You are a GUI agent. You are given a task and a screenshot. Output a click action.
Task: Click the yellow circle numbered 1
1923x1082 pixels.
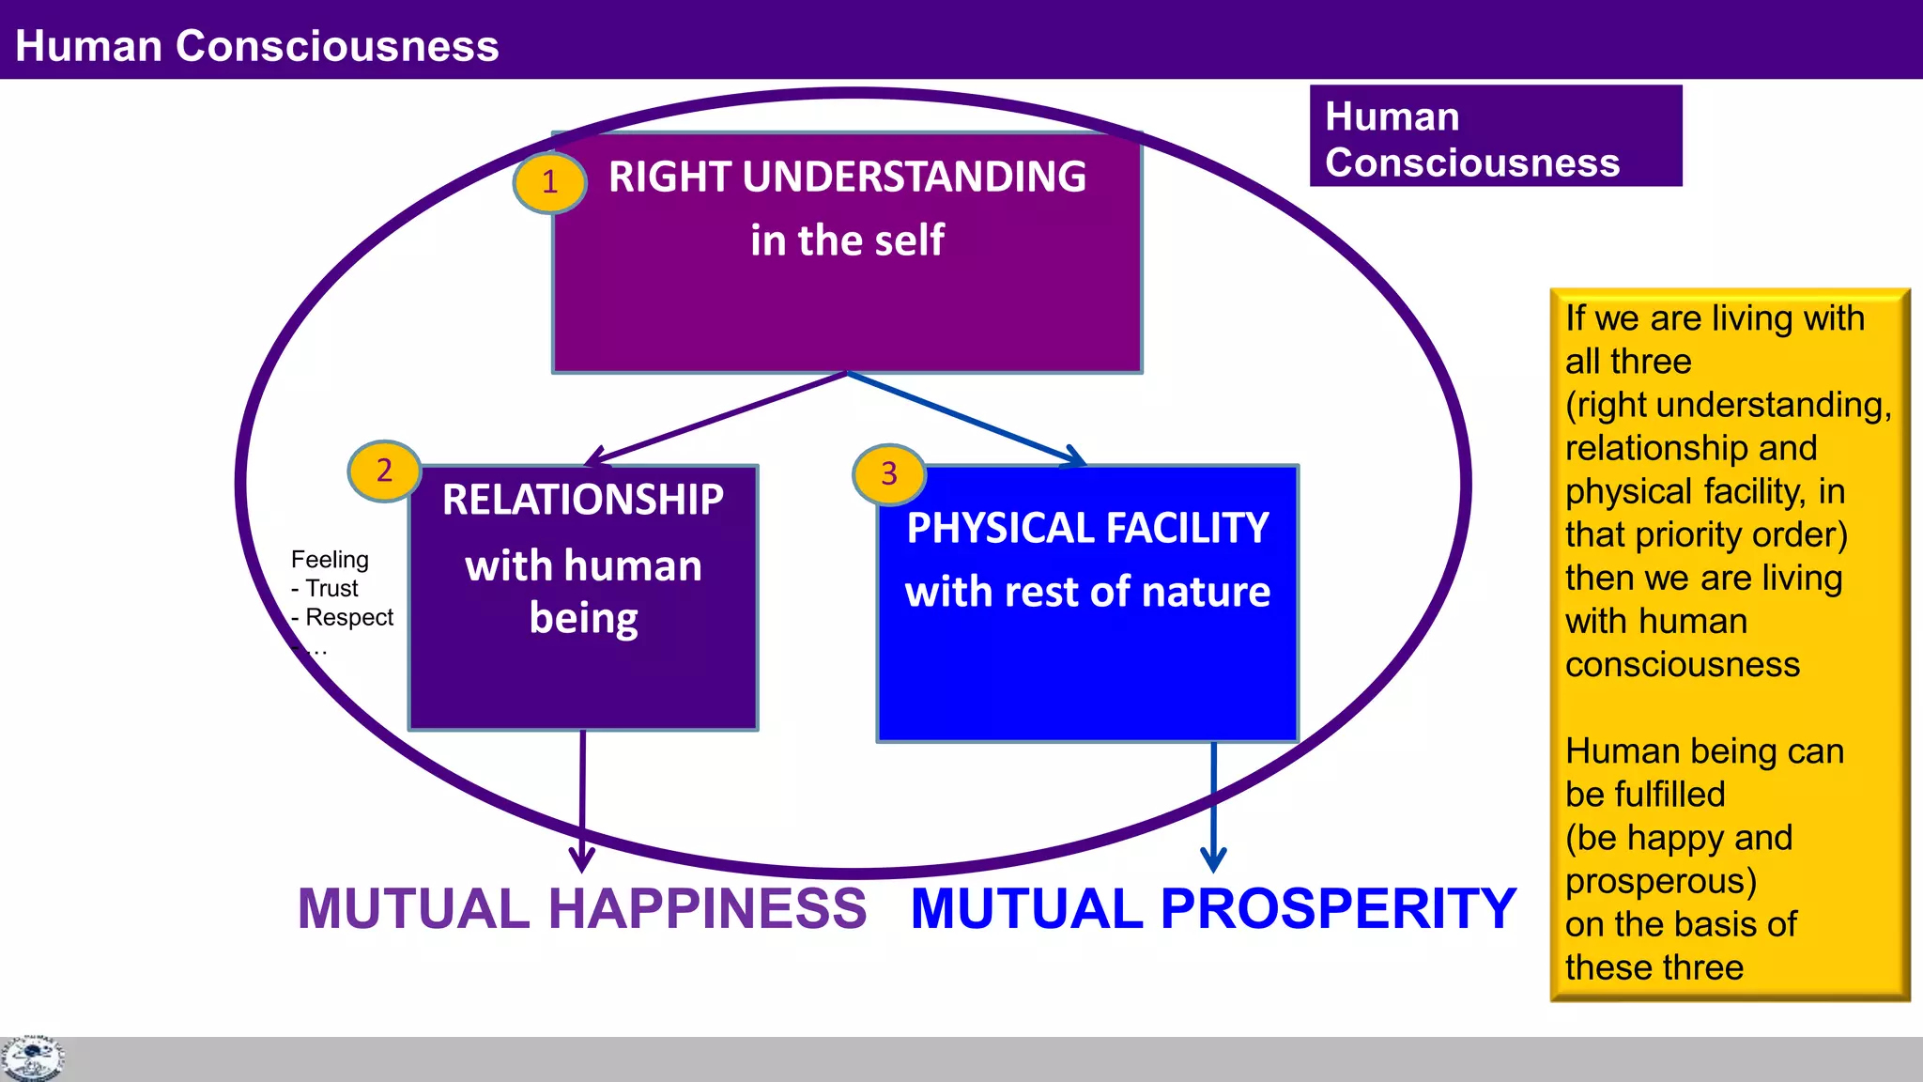[549, 182]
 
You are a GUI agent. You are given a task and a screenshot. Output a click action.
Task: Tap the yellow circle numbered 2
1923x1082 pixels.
[384, 471]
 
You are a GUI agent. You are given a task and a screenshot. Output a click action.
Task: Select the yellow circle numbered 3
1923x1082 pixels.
[888, 474]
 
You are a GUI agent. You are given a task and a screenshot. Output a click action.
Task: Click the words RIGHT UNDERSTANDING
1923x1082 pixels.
[847, 178]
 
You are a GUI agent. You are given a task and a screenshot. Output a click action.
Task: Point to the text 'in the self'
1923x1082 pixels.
[847, 240]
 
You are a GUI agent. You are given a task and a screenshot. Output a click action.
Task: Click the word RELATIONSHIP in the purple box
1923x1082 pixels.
[583, 500]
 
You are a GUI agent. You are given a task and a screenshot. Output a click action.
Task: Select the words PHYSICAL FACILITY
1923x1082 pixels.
[1087, 528]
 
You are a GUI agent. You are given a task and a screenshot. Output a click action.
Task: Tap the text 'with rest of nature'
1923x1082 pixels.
[1087, 593]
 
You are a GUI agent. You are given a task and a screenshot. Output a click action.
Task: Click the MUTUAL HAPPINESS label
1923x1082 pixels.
[582, 908]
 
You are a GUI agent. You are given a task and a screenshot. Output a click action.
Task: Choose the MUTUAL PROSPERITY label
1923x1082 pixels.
[1213, 908]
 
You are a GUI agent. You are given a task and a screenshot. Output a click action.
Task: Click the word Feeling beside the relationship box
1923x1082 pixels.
[330, 560]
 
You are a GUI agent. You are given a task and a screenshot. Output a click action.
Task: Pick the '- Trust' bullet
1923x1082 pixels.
[325, 589]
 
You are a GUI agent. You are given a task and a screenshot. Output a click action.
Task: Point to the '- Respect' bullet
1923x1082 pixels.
[343, 618]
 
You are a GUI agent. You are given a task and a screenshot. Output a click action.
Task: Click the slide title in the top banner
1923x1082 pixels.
[257, 46]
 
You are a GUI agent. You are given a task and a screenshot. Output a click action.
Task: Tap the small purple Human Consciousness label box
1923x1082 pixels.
[1495, 137]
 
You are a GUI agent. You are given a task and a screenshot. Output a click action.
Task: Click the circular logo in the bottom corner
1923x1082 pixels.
[32, 1058]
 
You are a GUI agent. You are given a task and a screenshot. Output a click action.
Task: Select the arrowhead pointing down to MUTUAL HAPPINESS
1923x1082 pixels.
[582, 859]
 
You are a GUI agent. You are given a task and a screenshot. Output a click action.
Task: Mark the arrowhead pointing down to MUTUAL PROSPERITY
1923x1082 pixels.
[1213, 859]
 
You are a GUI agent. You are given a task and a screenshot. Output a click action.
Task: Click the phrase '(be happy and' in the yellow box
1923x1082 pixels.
[1679, 838]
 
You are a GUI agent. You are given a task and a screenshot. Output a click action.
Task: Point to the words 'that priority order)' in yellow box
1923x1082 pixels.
[1706, 535]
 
